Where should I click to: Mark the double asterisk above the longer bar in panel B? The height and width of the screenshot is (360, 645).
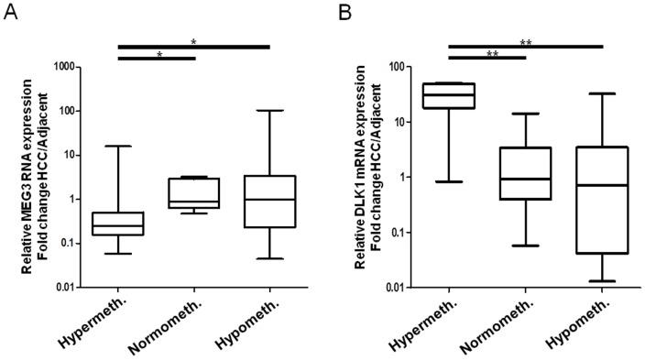coord(524,41)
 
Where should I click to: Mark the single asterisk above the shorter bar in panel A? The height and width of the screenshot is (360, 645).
coord(159,55)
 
